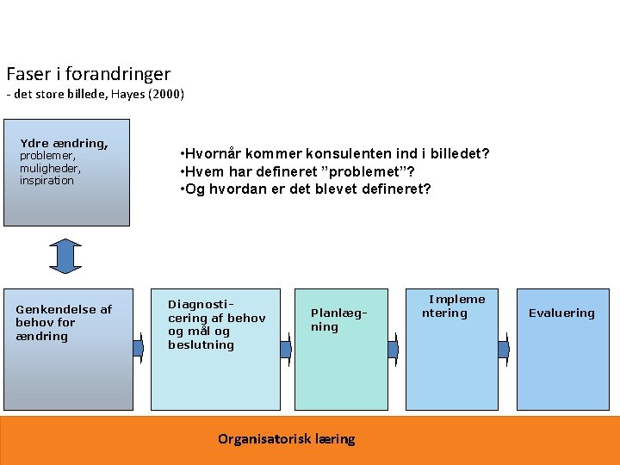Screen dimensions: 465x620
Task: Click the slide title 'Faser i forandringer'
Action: pyautogui.click(x=88, y=74)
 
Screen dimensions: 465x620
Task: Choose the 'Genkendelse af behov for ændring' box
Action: pyautogui.click(x=68, y=349)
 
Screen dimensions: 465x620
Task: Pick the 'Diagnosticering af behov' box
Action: pyautogui.click(x=215, y=349)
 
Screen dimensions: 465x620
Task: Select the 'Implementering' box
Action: pyautogui.click(x=452, y=349)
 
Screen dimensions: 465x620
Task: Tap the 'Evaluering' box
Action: pyautogui.click(x=561, y=349)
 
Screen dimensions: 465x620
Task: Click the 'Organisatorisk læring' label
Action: pyautogui.click(x=286, y=439)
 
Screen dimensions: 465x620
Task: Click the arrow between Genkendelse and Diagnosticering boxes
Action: pyautogui.click(x=139, y=348)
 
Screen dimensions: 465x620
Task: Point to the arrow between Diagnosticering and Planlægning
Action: pyautogui.click(x=286, y=348)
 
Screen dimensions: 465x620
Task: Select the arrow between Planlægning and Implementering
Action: pyautogui.click(x=393, y=349)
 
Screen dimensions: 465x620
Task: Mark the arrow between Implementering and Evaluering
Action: pyautogui.click(x=505, y=349)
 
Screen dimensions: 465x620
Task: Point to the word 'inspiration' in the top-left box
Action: pyautogui.click(x=46, y=181)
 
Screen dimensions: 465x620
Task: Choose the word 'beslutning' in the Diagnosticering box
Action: pyautogui.click(x=201, y=345)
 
